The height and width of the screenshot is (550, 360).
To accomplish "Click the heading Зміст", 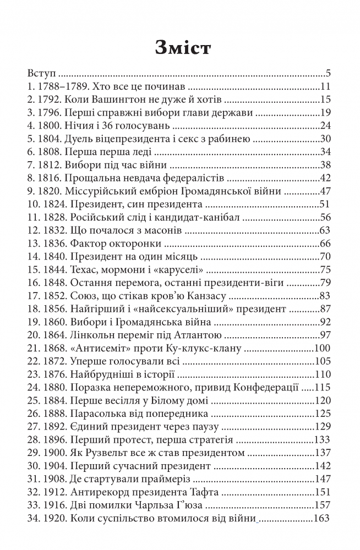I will point(179,47).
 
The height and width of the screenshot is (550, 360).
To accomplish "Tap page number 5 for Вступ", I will point(327,73).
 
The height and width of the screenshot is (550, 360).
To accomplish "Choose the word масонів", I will point(151,231).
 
